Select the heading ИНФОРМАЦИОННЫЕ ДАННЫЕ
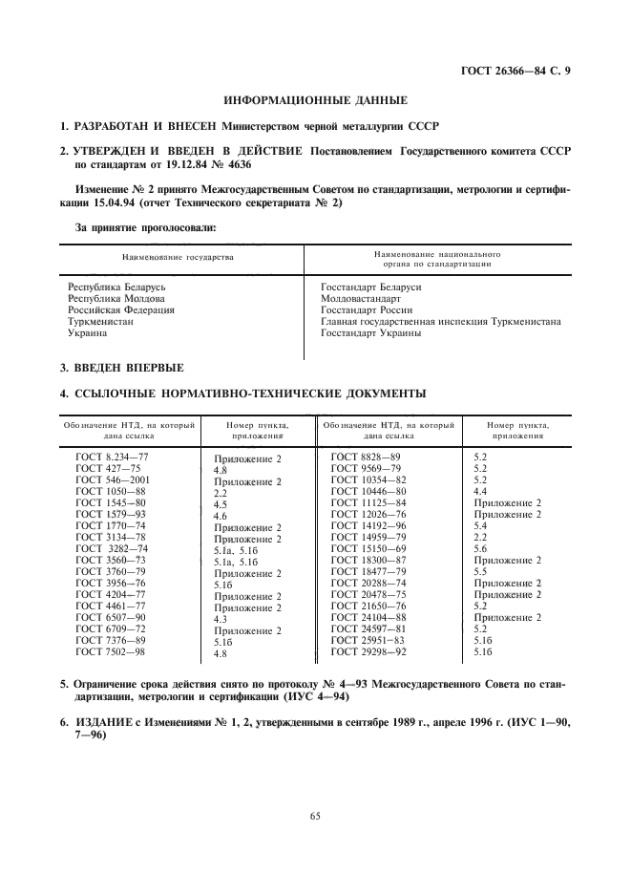coord(315,99)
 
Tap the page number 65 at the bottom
coord(315,815)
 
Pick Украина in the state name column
coord(87,332)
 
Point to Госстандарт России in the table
coord(367,309)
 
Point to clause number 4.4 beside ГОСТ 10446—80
coord(480,491)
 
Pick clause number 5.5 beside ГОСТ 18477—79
coord(480,571)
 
